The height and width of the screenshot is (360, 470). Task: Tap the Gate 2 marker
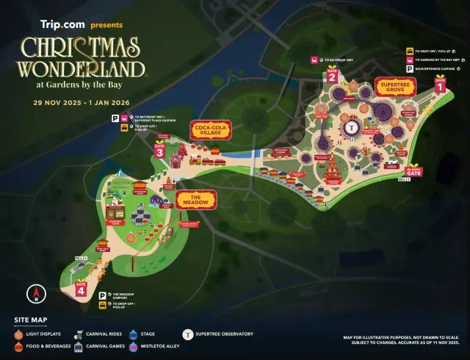point(332,76)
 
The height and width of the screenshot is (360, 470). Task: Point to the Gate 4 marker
point(81,289)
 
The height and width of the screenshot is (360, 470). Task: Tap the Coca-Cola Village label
point(211,130)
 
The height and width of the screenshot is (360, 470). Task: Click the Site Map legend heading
point(29,320)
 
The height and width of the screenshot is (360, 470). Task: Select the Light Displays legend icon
point(19,334)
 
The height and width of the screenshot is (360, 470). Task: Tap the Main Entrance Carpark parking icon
point(408,69)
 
